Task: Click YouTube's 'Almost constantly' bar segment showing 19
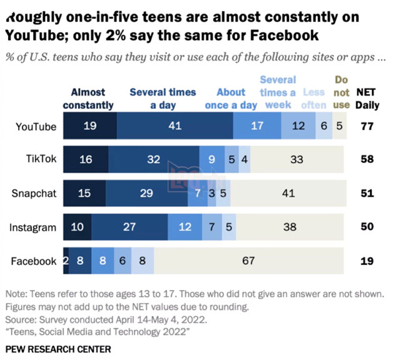coord(89,126)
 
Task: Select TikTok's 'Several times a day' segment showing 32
coord(153,159)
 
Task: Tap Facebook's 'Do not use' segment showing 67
coord(249,261)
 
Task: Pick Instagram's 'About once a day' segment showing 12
coord(185,227)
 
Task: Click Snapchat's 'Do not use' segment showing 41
coord(288,193)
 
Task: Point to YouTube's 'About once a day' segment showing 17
coord(256,126)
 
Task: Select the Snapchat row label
coord(34,193)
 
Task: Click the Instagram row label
coord(33,227)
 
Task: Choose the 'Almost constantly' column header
coord(88,99)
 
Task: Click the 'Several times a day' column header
coord(163,99)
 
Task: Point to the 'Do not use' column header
coord(341,92)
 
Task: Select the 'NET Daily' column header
coord(367,99)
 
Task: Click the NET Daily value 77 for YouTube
coord(367,126)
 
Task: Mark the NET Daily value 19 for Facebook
coord(367,261)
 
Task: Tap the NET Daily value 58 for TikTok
coord(367,159)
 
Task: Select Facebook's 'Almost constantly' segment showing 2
coord(66,261)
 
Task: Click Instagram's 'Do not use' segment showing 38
coord(290,227)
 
